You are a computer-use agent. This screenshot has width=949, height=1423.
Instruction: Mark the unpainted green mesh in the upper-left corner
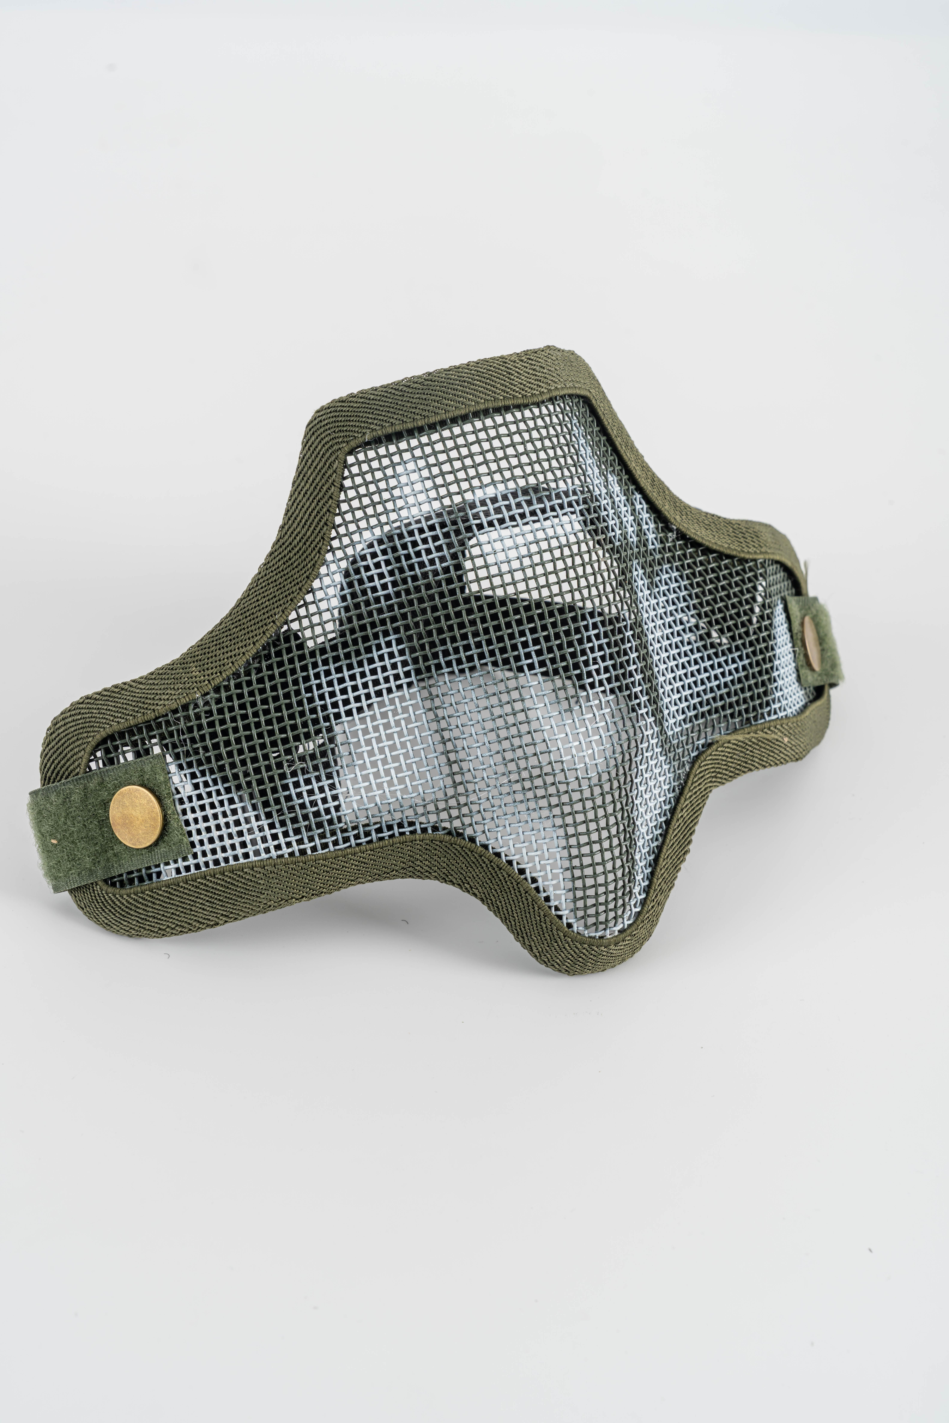375,460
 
